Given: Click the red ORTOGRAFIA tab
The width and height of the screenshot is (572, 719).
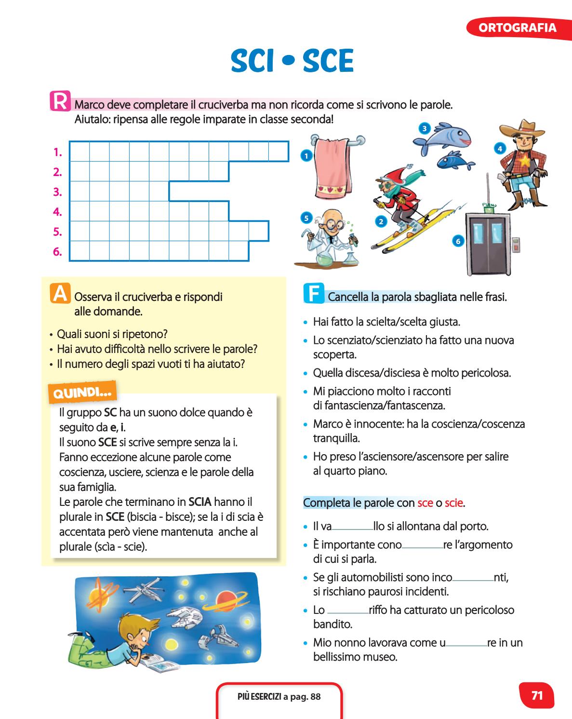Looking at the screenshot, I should (x=517, y=27).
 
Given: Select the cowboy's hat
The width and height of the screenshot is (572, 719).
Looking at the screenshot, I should (x=522, y=128).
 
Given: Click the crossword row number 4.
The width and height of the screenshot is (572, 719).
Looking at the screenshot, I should (x=58, y=212).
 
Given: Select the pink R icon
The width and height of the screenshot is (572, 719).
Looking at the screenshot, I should (x=60, y=101).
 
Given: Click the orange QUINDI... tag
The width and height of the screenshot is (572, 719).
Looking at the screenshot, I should (x=82, y=392).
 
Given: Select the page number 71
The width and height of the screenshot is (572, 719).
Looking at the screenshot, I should (x=537, y=695).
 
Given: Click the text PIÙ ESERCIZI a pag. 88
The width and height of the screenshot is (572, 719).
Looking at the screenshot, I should (x=279, y=696).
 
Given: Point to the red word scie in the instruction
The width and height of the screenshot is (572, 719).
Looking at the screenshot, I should (x=453, y=503).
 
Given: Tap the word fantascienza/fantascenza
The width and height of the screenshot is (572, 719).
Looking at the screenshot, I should (x=379, y=406).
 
